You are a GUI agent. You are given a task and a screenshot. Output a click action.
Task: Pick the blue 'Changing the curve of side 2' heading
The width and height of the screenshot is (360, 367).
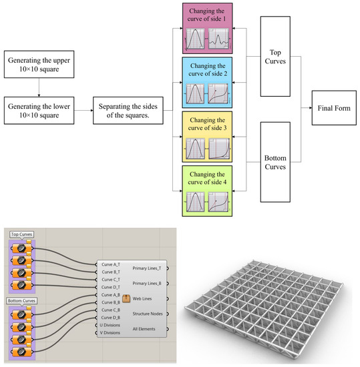click(208, 70)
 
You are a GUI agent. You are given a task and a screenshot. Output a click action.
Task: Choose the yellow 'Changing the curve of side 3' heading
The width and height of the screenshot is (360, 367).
click(208, 123)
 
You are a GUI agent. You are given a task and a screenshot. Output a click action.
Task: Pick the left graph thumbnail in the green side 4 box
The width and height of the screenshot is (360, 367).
click(195, 201)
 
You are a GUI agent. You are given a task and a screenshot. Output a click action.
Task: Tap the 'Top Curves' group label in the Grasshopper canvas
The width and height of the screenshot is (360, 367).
click(23, 235)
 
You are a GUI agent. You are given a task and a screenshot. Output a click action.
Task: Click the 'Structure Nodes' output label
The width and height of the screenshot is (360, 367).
click(148, 314)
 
